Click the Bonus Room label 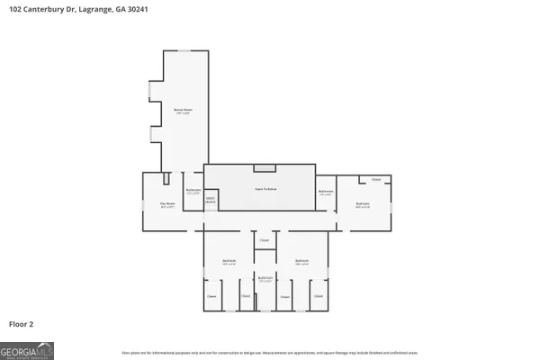[x=183, y=111]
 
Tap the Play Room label [x=166, y=206]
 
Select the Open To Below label [x=265, y=189]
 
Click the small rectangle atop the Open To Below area [x=265, y=167]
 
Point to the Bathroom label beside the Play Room [x=193, y=191]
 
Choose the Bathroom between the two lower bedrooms [x=265, y=279]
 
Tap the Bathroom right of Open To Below [x=326, y=191]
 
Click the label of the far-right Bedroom [x=363, y=204]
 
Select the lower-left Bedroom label [x=229, y=263]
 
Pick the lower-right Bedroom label [x=303, y=263]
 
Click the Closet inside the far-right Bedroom [x=376, y=180]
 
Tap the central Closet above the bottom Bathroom [x=265, y=240]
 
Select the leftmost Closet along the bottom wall [x=211, y=296]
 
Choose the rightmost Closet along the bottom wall [x=319, y=296]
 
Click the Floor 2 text [x=21, y=322]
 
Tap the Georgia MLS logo [x=27, y=349]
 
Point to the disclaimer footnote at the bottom [x=270, y=352]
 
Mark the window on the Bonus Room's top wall [x=184, y=51]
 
